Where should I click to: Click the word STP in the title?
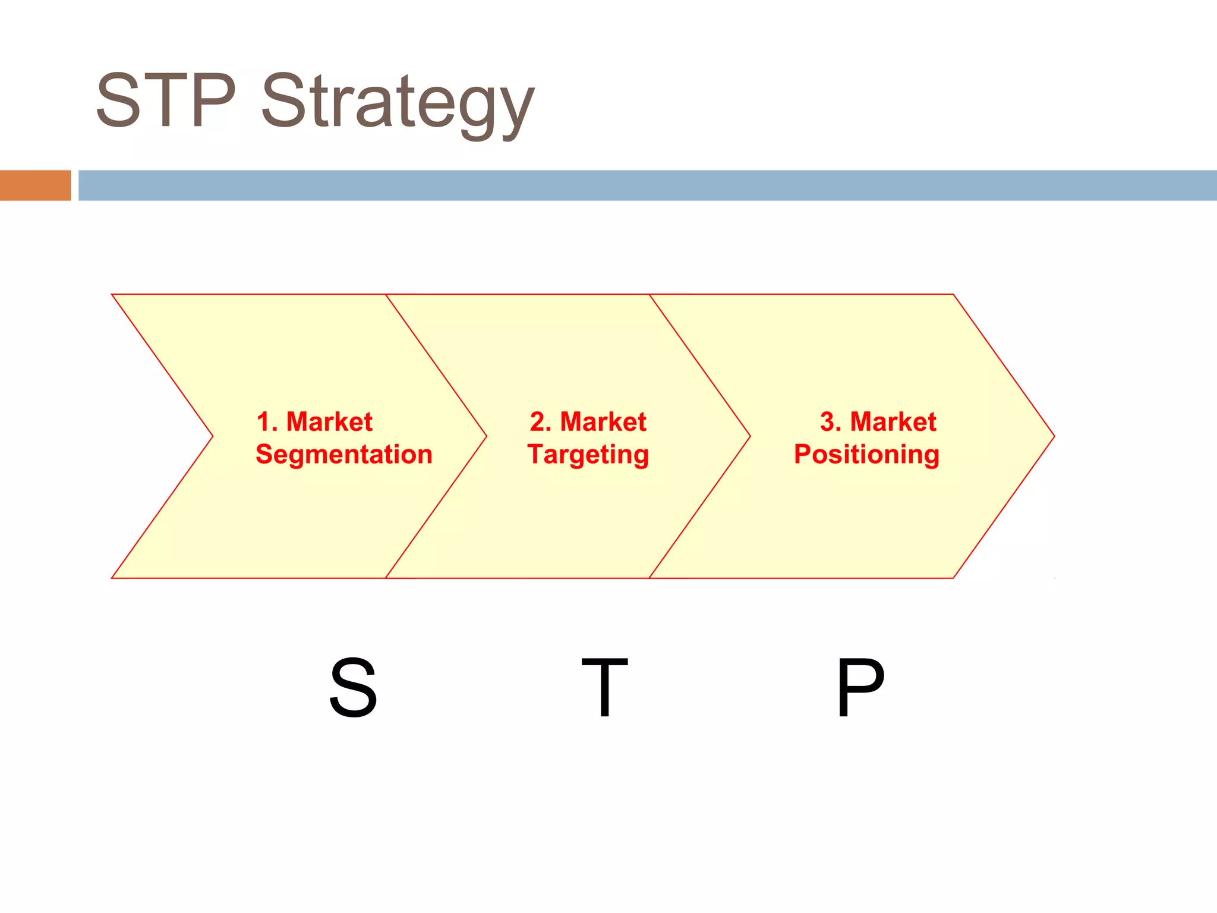pos(166,100)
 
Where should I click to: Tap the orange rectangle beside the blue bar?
pos(35,185)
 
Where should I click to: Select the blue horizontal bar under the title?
pos(647,185)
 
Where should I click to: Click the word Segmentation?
pos(344,455)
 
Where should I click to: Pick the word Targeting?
pos(588,455)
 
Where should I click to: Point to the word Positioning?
pos(866,455)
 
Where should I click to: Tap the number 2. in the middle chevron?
pos(541,422)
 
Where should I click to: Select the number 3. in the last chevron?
pos(831,422)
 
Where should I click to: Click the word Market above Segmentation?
pos(329,422)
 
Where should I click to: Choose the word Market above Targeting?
pos(603,422)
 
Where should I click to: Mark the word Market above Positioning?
pos(893,422)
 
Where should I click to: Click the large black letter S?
pos(353,688)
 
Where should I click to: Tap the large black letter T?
pos(604,688)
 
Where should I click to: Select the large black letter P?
pos(860,688)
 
